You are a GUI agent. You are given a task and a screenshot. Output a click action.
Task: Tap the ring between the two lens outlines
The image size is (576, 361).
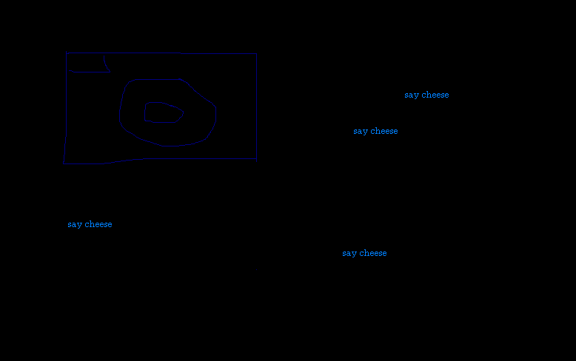point(132,111)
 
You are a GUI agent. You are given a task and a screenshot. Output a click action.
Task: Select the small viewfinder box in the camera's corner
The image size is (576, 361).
point(87,63)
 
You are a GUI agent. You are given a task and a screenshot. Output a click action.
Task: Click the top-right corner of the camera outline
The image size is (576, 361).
point(256,54)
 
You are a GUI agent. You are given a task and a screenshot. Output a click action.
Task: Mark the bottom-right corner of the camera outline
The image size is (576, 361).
point(256,158)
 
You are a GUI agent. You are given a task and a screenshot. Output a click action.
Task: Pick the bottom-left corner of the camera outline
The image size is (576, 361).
point(64,163)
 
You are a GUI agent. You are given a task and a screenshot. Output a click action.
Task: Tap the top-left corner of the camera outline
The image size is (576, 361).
point(67,53)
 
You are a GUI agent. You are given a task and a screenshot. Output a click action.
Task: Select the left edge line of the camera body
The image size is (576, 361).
point(66,111)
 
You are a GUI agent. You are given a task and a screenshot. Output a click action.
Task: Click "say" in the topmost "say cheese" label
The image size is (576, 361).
point(411,95)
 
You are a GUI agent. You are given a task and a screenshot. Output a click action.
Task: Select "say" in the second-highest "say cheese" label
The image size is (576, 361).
point(360,132)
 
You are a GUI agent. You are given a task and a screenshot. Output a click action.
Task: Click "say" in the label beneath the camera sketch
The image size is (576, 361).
point(74,225)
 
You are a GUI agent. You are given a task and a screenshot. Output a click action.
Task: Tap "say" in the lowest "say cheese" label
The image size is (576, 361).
point(349,254)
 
